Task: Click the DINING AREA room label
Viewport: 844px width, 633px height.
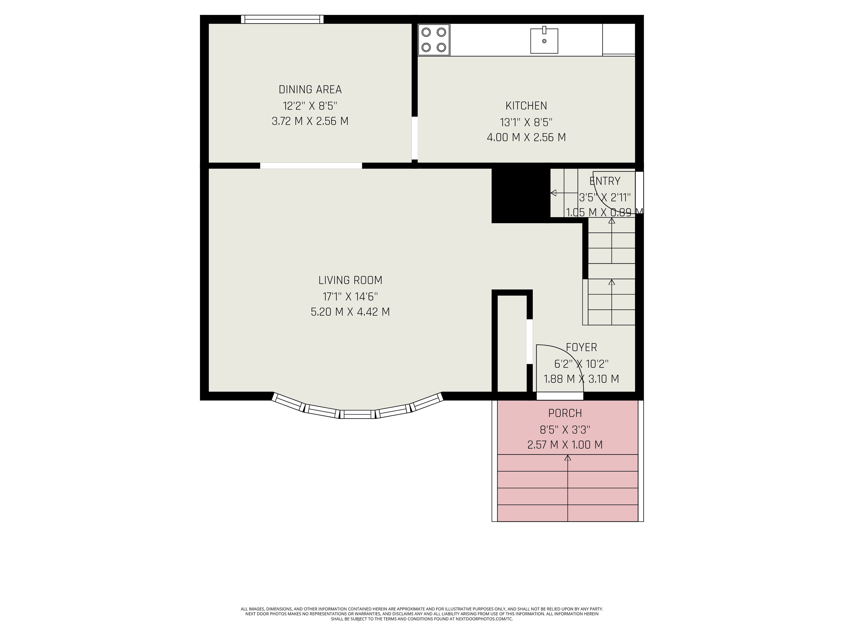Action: (310, 90)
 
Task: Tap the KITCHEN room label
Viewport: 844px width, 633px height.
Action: (526, 106)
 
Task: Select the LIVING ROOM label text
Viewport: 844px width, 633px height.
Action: (350, 280)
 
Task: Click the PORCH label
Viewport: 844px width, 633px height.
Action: (565, 413)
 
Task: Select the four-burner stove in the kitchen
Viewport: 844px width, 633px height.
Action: (434, 40)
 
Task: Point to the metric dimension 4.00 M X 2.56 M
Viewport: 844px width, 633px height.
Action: (526, 137)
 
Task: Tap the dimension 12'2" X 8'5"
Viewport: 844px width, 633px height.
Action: (310, 106)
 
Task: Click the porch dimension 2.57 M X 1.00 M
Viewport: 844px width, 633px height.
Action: (565, 445)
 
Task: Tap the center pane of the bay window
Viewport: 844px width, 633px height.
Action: (358, 414)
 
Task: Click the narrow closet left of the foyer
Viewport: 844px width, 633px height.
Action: (512, 343)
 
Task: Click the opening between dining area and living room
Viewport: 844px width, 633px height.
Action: (311, 166)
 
